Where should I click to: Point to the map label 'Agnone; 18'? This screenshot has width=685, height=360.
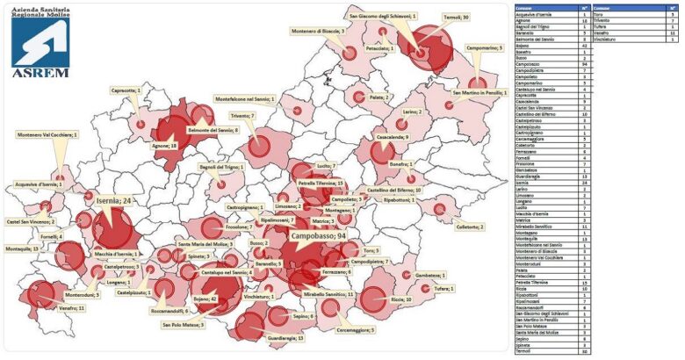(164, 145)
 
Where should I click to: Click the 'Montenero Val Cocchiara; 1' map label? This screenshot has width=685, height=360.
(47, 134)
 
